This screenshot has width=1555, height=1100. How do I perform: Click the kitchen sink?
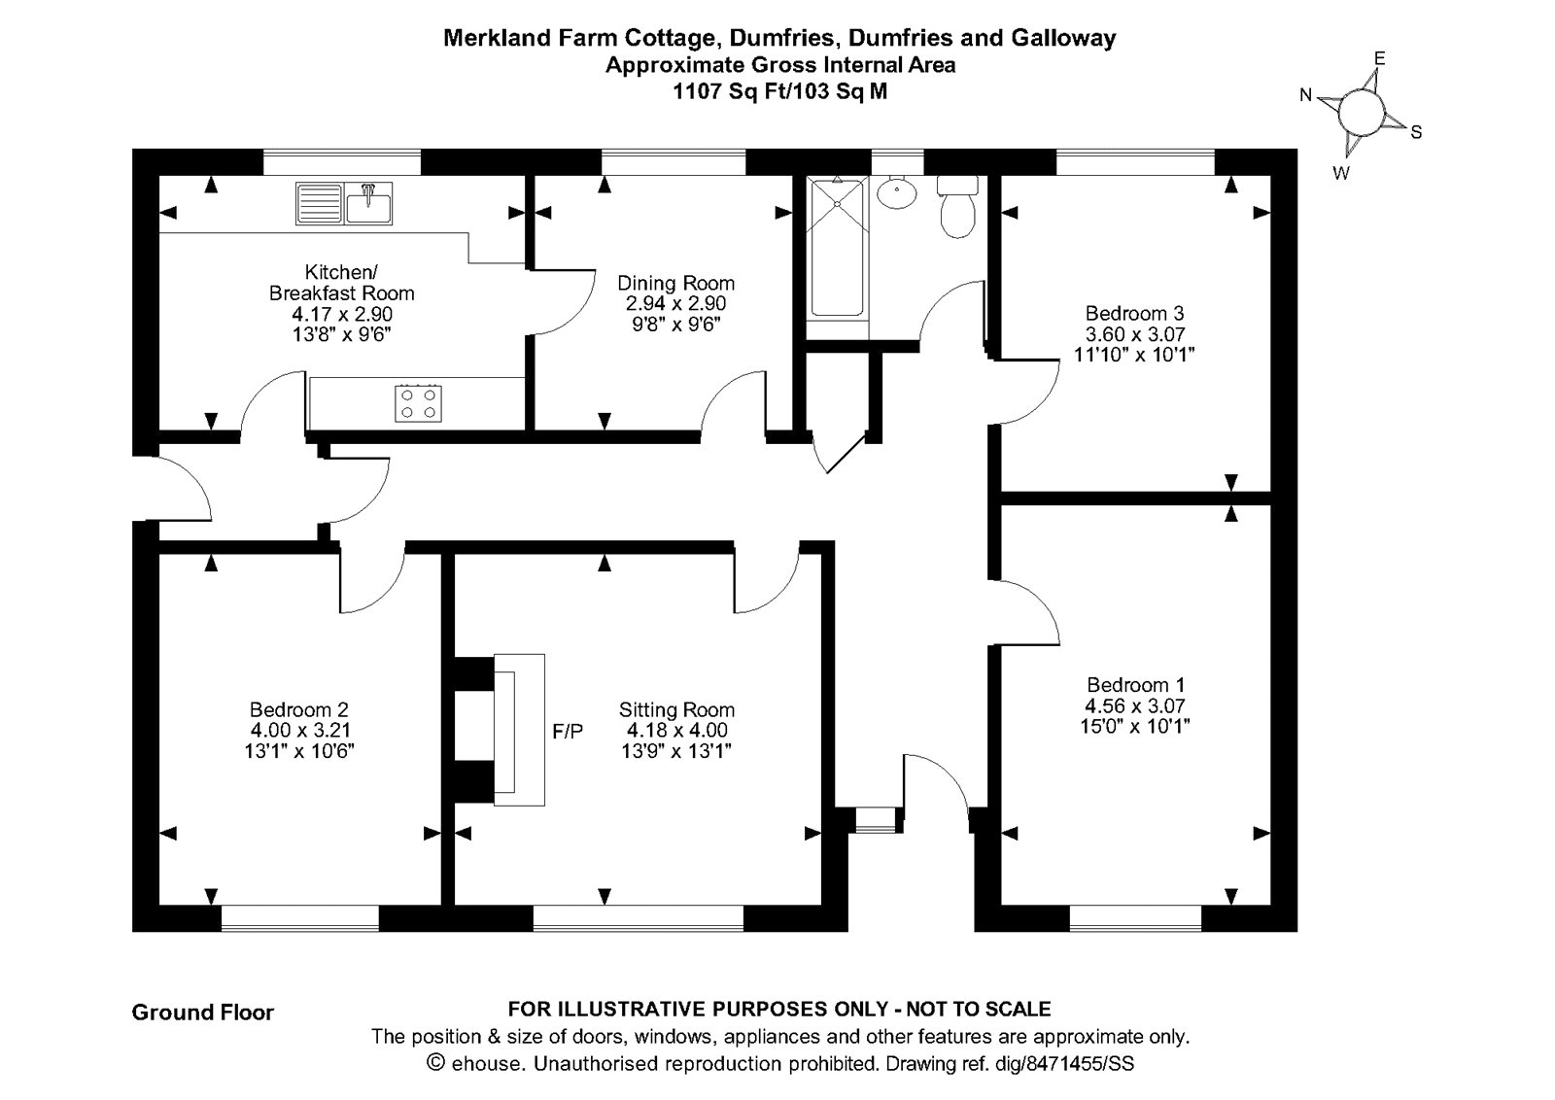(344, 203)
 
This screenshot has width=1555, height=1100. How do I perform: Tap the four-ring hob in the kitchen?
(418, 404)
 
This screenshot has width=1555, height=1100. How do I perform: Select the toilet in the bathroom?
(957, 207)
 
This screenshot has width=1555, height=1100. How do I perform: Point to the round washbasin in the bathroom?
(896, 191)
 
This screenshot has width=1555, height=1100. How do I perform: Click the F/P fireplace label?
(568, 731)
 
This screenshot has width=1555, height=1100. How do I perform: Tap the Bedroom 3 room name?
(1134, 313)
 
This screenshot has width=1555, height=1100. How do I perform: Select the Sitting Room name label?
(676, 710)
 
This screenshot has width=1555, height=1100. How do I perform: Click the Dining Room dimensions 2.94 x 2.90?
(675, 303)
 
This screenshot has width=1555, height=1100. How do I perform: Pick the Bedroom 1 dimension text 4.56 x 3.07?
(1135, 705)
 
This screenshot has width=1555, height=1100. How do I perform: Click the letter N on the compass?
(1305, 95)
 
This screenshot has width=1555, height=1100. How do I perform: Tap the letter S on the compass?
(1416, 132)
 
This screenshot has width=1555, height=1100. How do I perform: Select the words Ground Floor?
(203, 1013)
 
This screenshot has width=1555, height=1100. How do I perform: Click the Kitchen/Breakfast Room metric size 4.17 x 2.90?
(342, 314)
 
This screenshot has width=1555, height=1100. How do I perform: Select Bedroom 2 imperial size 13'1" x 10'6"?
(299, 751)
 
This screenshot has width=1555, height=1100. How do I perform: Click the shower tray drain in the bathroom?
(837, 204)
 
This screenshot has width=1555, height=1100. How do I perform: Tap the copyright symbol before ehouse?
(436, 1062)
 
